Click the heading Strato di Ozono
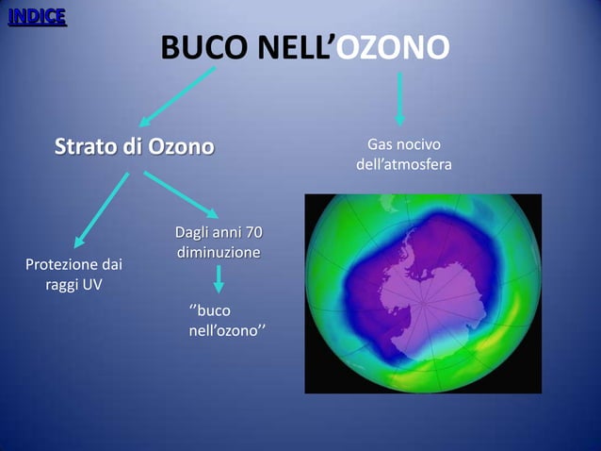tap(134, 148)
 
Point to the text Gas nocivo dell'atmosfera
tap(403, 155)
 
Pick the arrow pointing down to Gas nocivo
tap(400, 98)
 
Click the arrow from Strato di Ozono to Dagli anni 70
tap(181, 193)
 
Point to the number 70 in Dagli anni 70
tap(252, 233)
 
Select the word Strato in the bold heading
tap(83, 148)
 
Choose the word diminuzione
tap(218, 254)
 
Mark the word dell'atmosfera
tap(403, 165)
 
